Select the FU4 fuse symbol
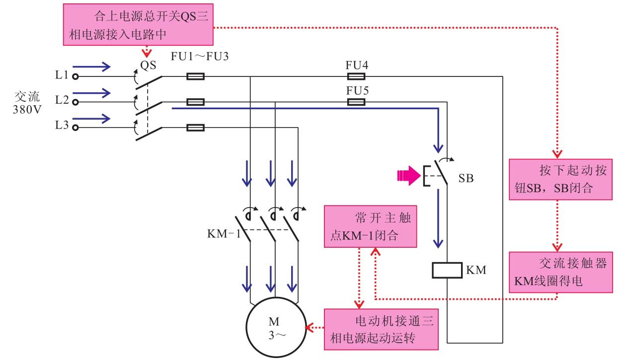pos(355,76)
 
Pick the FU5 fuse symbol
pos(355,102)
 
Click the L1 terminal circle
pos(75,76)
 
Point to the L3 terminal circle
pos(75,128)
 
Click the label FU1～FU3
pos(200,57)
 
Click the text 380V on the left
pos(27,109)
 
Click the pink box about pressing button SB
pos(560,179)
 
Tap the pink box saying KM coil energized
pos(560,272)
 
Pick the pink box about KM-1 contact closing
pos(370,227)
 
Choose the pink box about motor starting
pos(382,329)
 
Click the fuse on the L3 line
pos(195,128)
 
